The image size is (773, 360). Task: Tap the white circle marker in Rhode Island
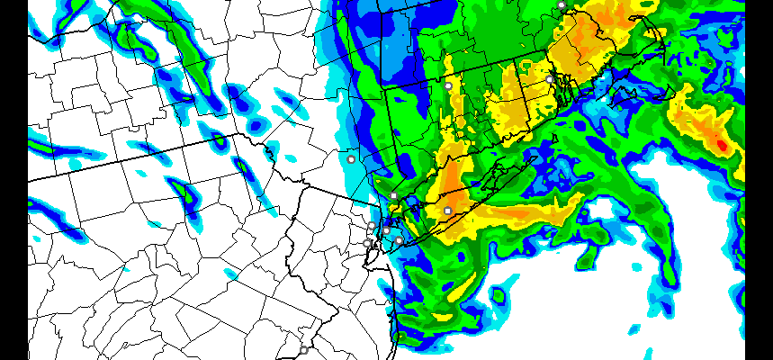[550, 79]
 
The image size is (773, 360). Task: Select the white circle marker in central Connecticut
[448, 85]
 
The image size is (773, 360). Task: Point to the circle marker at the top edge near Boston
[562, 4]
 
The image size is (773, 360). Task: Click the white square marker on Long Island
[448, 211]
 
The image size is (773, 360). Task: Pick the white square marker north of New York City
[393, 195]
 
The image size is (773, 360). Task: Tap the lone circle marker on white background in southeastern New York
[351, 158]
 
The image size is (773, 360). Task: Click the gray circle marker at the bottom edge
[304, 350]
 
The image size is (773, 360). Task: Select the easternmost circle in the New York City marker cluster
[399, 240]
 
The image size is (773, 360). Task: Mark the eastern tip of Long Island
[536, 155]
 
